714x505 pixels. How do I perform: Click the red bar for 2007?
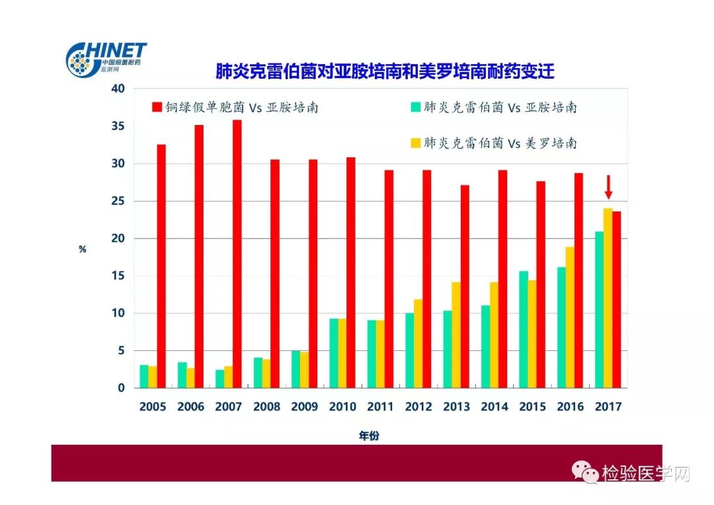(x=237, y=254)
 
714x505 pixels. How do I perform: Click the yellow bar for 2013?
(x=456, y=335)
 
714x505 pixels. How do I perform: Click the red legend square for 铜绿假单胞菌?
(x=157, y=107)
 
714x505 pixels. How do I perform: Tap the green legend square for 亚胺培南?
(x=415, y=107)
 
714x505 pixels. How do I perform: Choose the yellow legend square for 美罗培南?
(x=415, y=143)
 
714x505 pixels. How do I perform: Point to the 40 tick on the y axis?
(x=117, y=89)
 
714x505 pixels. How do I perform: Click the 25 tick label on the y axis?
(x=117, y=201)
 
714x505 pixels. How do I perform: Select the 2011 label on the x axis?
(x=381, y=407)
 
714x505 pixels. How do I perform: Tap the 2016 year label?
(x=571, y=407)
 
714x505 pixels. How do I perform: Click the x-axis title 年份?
(x=370, y=435)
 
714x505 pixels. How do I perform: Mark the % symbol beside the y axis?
(x=83, y=249)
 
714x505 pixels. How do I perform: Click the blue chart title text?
(x=385, y=71)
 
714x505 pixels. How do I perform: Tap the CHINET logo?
(x=106, y=59)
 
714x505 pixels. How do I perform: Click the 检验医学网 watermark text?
(x=645, y=473)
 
